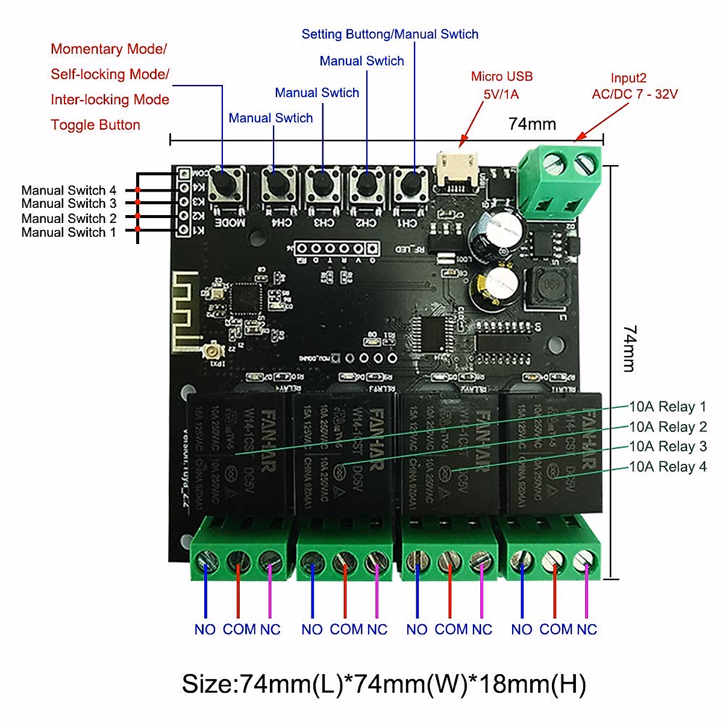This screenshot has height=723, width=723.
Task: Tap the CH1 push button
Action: tap(412, 183)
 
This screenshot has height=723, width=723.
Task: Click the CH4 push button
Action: tap(278, 183)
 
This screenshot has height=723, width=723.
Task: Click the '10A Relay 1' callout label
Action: tap(668, 407)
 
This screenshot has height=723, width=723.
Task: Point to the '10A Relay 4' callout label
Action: tap(668, 466)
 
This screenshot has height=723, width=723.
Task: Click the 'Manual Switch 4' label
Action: tap(69, 190)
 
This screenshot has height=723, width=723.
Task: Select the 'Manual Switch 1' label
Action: tap(69, 232)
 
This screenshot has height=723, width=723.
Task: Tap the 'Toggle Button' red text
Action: tap(95, 125)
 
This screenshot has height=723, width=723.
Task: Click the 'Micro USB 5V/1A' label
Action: tap(501, 85)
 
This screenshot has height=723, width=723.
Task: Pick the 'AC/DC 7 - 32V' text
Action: tap(634, 94)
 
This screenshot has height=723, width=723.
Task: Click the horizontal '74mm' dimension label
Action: tap(532, 124)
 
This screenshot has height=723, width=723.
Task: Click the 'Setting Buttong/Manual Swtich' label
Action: tap(390, 34)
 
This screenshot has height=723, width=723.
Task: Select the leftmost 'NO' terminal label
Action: tap(205, 630)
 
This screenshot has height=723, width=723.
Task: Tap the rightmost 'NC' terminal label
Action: tap(586, 630)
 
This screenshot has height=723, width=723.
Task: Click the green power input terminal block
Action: tap(560, 180)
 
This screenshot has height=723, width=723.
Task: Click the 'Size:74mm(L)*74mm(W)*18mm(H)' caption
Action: tap(384, 684)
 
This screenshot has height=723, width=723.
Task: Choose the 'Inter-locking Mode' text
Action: tap(110, 100)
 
